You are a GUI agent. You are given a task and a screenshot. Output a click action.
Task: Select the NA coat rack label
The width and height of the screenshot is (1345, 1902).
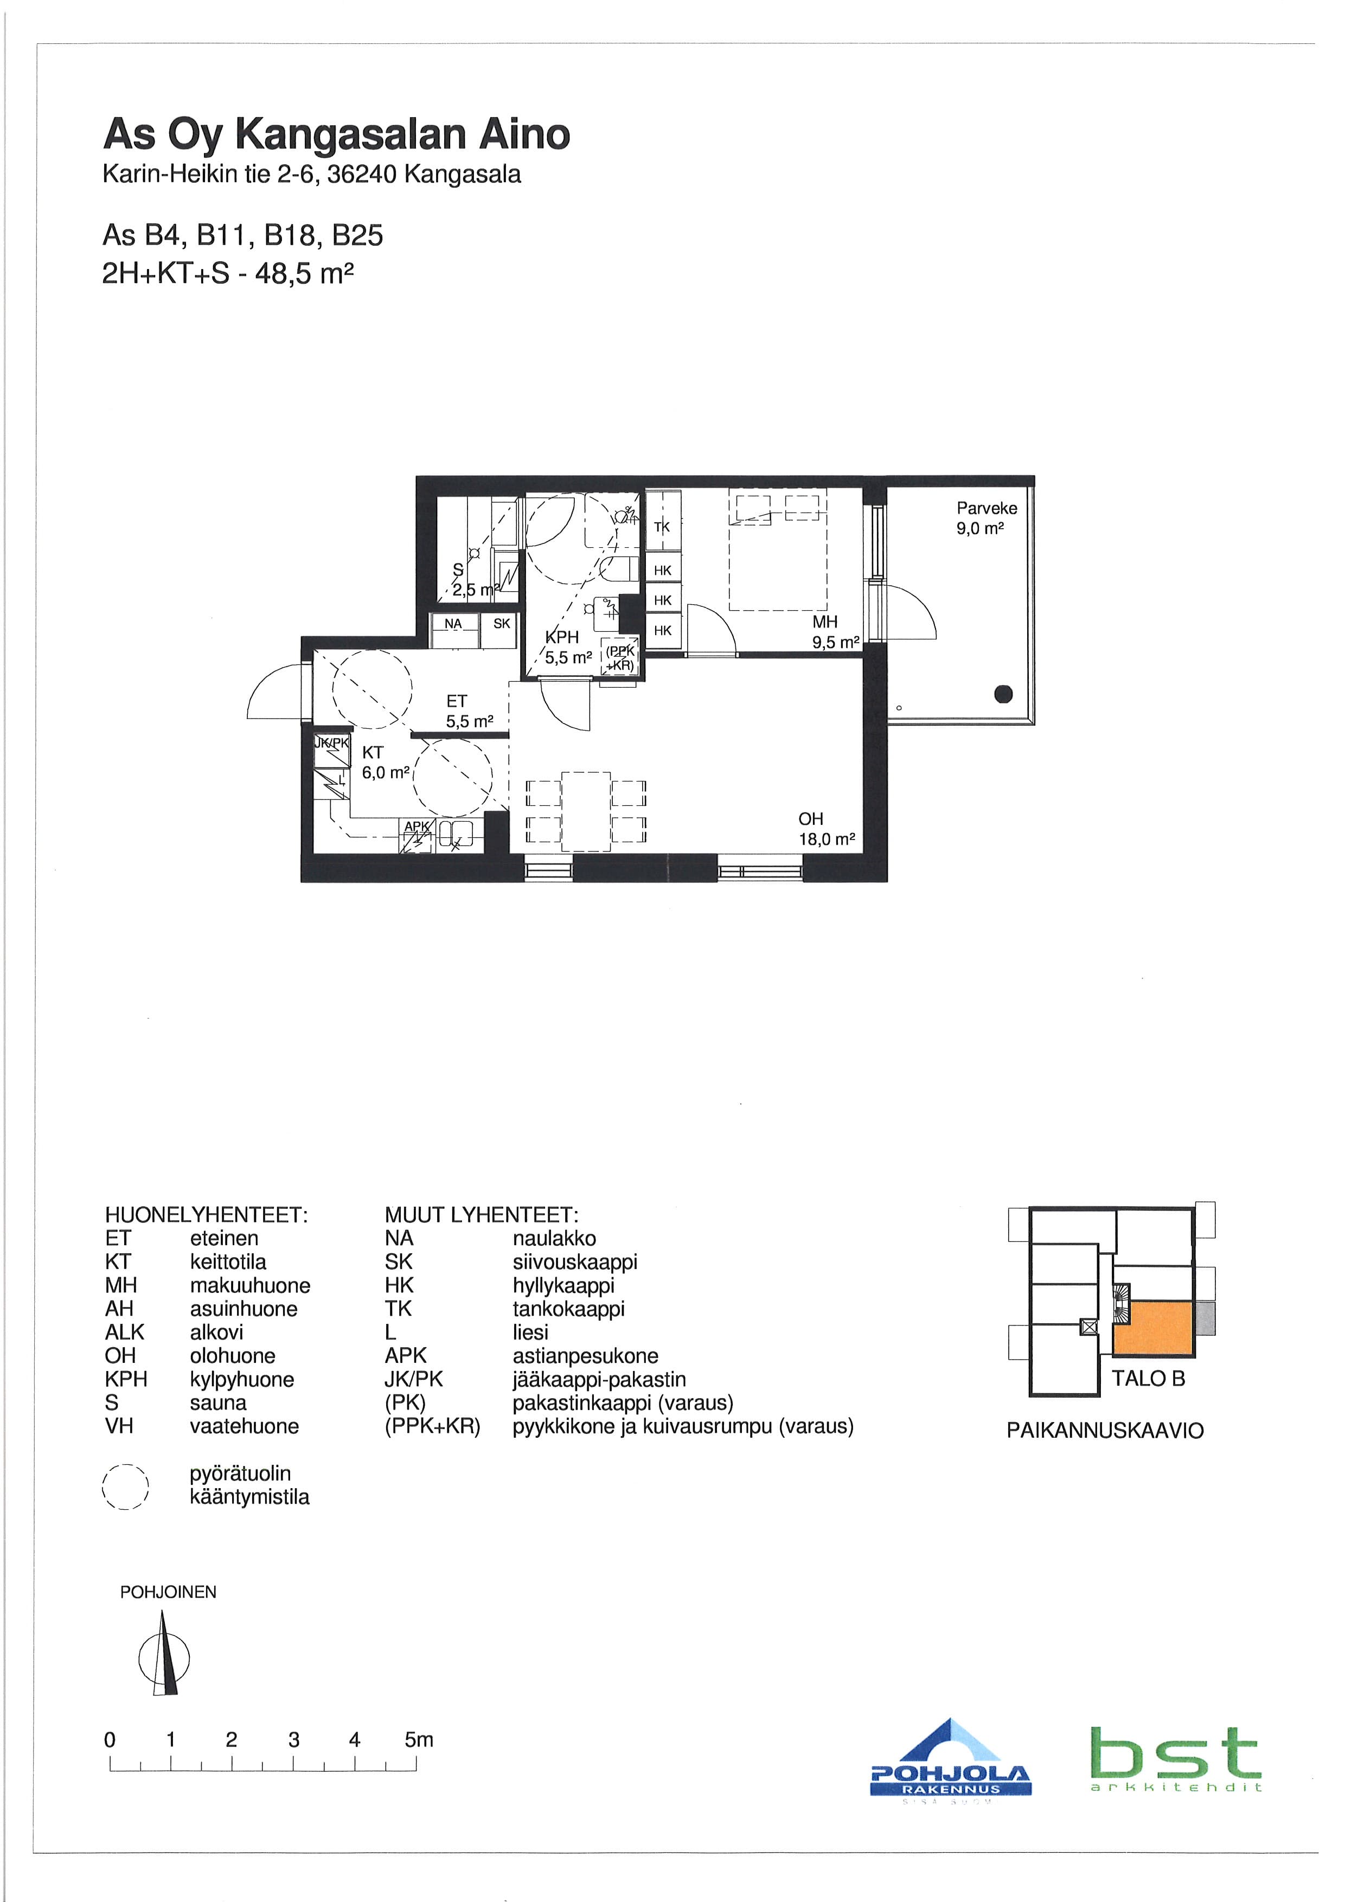click(x=453, y=624)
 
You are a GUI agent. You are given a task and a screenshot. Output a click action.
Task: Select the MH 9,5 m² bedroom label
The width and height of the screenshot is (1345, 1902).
click(x=835, y=631)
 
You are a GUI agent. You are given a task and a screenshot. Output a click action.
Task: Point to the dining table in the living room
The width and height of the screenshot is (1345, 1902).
click(x=586, y=811)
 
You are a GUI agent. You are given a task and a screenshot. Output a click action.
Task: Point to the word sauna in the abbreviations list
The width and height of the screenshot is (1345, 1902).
click(x=218, y=1403)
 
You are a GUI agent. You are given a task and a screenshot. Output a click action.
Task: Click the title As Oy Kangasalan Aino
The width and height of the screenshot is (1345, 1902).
click(x=336, y=134)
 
